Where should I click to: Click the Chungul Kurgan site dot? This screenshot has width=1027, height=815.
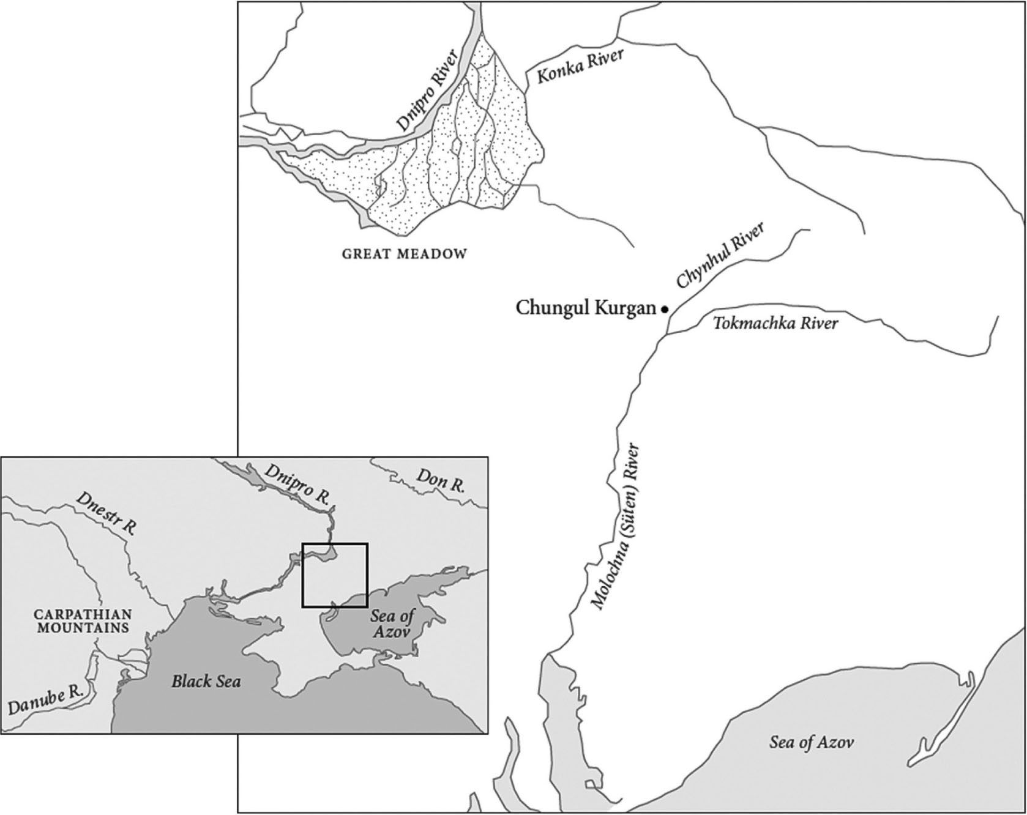pyautogui.click(x=665, y=310)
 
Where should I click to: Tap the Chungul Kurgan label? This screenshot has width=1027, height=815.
pyautogui.click(x=586, y=307)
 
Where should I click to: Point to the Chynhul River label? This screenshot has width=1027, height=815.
pyautogui.click(x=720, y=256)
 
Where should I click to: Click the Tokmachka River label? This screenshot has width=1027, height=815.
pyautogui.click(x=775, y=322)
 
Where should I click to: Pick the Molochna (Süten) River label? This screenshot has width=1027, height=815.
pyautogui.click(x=616, y=526)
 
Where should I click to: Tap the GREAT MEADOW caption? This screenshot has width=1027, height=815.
pyautogui.click(x=404, y=253)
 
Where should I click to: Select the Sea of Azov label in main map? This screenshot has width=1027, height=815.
pyautogui.click(x=811, y=743)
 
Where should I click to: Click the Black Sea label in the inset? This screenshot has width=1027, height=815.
pyautogui.click(x=206, y=680)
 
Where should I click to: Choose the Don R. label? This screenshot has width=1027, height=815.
pyautogui.click(x=440, y=480)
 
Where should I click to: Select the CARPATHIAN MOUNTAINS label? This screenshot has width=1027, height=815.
pyautogui.click(x=82, y=620)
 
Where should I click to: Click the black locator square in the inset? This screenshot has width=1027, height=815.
pyautogui.click(x=335, y=544)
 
